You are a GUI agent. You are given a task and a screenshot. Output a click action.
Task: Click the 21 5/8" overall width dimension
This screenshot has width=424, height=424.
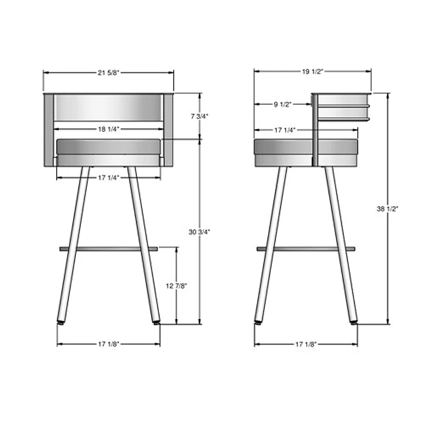(x=108, y=73)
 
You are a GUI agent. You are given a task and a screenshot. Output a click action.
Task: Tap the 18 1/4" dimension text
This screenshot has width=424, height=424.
(x=108, y=129)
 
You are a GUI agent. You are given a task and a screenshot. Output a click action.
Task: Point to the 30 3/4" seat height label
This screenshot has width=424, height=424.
(x=199, y=232)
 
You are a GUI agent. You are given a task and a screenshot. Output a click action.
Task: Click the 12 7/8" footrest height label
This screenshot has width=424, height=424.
(x=176, y=286)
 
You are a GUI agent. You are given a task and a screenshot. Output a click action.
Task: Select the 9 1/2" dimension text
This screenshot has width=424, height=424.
(x=282, y=105)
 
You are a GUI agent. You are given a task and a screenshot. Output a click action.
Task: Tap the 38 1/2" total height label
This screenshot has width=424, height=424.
(x=387, y=209)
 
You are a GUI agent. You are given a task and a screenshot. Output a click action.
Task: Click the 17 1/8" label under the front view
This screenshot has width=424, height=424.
(x=108, y=344)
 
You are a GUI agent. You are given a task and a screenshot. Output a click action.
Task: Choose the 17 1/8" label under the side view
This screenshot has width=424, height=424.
(x=306, y=344)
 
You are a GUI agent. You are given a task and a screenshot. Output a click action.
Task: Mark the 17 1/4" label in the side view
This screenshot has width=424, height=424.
(x=285, y=130)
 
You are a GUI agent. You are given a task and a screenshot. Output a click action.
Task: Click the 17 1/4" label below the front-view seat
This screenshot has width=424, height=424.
(x=108, y=178)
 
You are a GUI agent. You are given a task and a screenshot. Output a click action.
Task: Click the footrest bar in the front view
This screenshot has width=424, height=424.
(x=108, y=248)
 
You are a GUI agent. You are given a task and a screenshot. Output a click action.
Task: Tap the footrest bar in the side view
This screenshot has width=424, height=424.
(x=306, y=249)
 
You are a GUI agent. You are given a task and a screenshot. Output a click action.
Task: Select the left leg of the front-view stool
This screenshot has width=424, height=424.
(x=73, y=244)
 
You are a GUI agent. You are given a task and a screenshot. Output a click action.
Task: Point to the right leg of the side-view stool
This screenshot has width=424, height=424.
(x=341, y=244)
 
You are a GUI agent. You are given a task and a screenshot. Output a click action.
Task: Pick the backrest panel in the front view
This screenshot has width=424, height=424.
(x=108, y=107)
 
